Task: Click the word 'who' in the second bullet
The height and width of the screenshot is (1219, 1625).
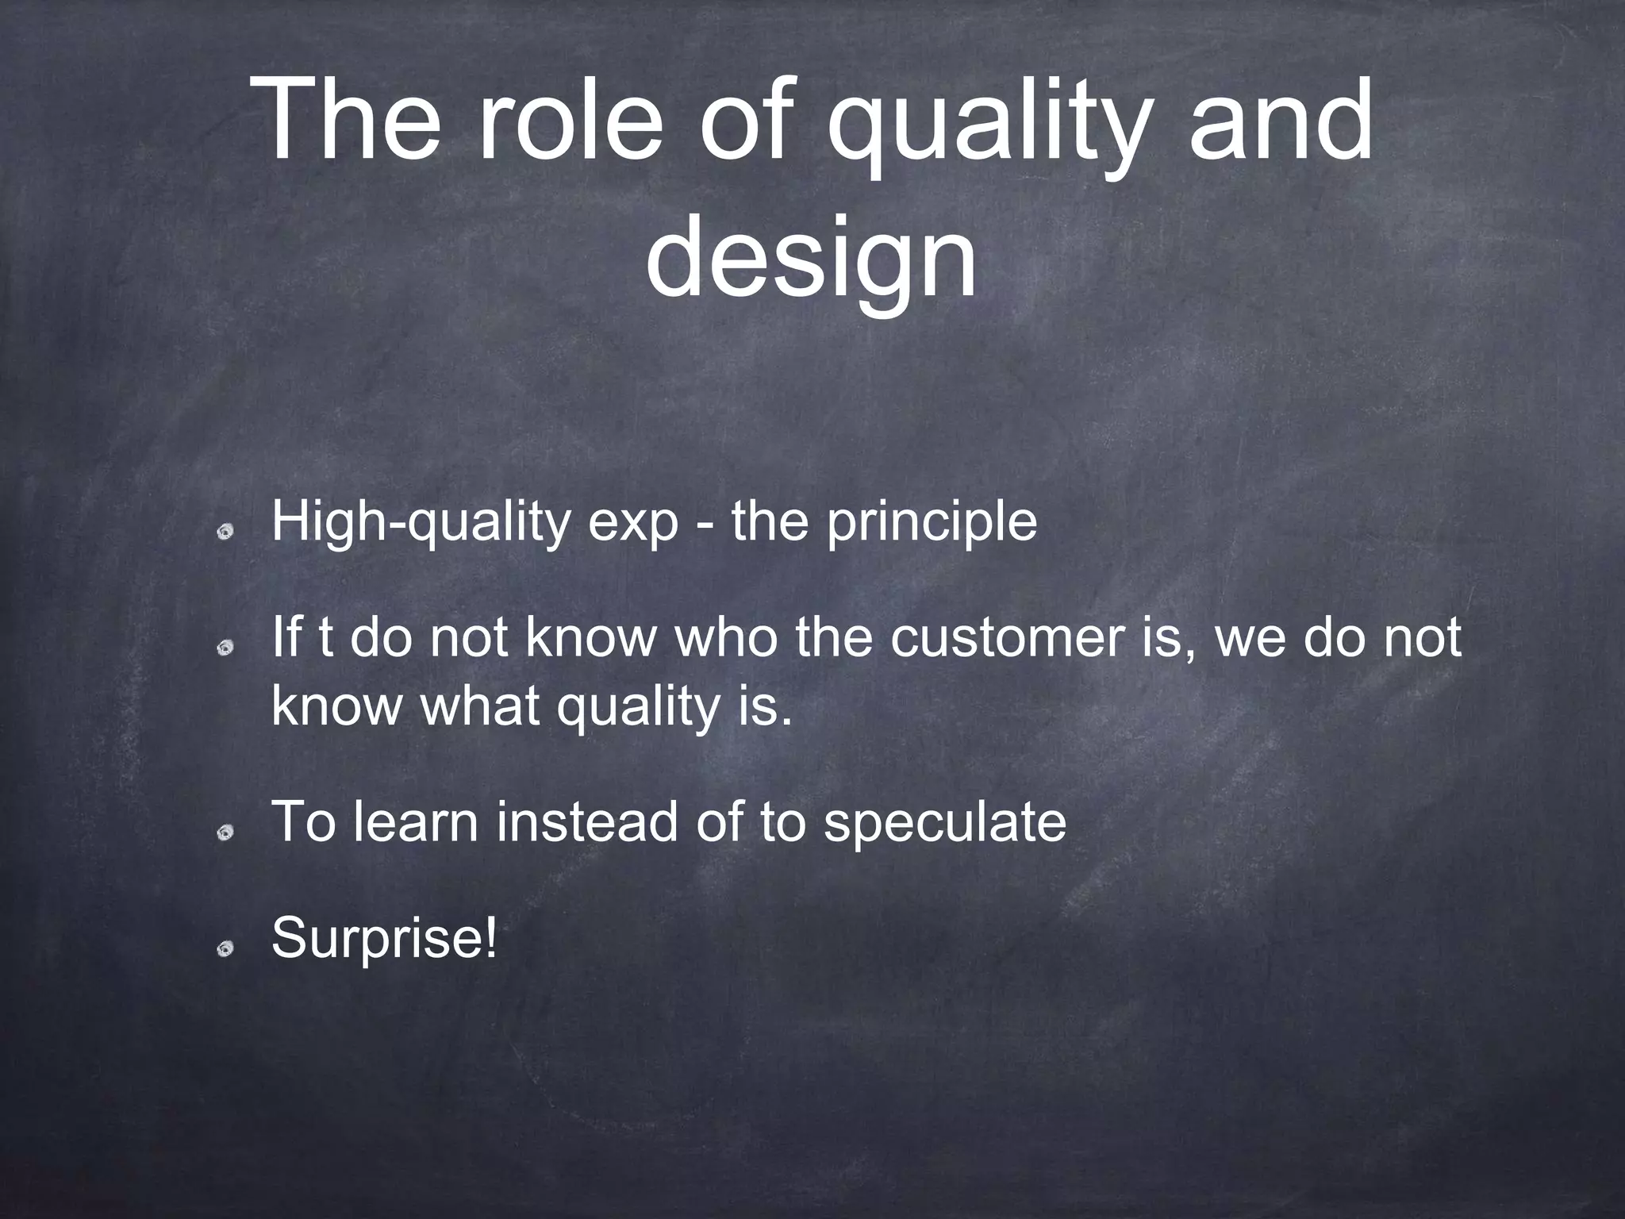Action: point(726,640)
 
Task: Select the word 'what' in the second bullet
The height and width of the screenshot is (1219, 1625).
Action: point(481,706)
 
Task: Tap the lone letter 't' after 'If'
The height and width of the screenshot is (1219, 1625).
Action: point(325,640)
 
